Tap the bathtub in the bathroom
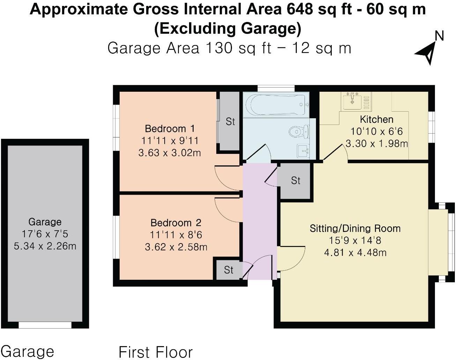click(277, 105)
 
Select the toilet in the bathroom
click(299, 132)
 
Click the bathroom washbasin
click(303, 151)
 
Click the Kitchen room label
click(376, 120)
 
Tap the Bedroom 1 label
click(170, 129)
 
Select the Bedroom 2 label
click(176, 223)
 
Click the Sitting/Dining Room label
click(355, 228)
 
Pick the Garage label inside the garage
click(45, 222)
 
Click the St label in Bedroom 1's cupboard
click(230, 122)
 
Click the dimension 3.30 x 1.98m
click(377, 144)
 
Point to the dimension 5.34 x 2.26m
click(45, 246)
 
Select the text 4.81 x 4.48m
click(355, 253)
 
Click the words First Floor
click(156, 352)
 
